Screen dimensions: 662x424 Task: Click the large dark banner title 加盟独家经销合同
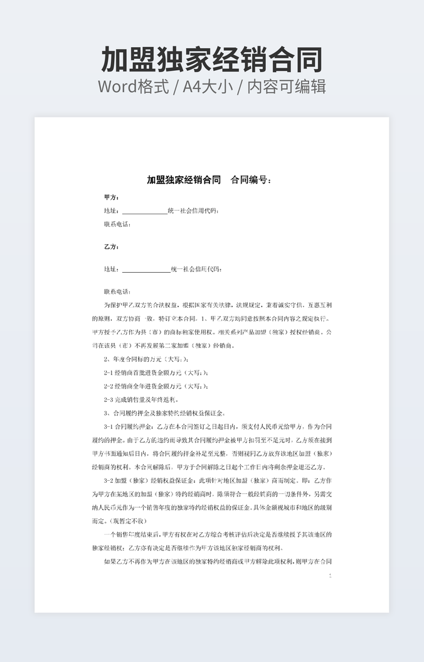click(212, 59)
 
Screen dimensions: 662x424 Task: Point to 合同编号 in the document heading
click(251, 180)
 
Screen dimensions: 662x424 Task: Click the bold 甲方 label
click(112, 197)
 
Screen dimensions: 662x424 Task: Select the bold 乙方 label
click(112, 247)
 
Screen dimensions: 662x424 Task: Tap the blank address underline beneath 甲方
click(144, 211)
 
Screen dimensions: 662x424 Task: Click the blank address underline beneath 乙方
click(146, 270)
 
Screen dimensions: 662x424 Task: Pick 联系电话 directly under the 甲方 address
click(117, 224)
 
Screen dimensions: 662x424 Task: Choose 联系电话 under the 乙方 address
click(117, 292)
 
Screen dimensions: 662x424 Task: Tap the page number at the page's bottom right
click(331, 575)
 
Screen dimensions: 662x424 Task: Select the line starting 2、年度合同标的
click(146, 359)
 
